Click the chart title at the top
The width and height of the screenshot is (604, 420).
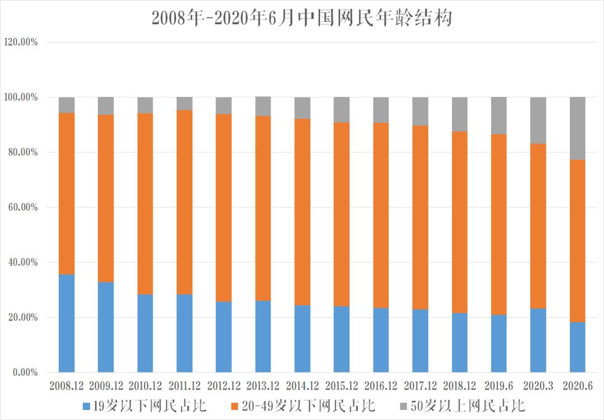[x=301, y=18]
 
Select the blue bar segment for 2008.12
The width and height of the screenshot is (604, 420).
[x=67, y=323]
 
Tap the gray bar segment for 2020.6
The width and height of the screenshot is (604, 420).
[x=577, y=129]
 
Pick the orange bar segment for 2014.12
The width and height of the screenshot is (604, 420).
[x=303, y=212]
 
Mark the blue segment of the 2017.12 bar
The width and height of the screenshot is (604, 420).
[x=420, y=341]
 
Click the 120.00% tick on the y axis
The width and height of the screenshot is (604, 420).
[x=21, y=43]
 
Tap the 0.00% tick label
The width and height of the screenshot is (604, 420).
[x=25, y=372]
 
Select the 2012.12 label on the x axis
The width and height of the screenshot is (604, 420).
[x=224, y=386]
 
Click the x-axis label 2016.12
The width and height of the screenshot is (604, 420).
[x=381, y=386]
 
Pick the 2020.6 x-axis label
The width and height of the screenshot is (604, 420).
[x=578, y=386]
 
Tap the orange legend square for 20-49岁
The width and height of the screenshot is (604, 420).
[x=235, y=406]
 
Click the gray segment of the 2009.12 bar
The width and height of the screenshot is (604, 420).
[x=106, y=106]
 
